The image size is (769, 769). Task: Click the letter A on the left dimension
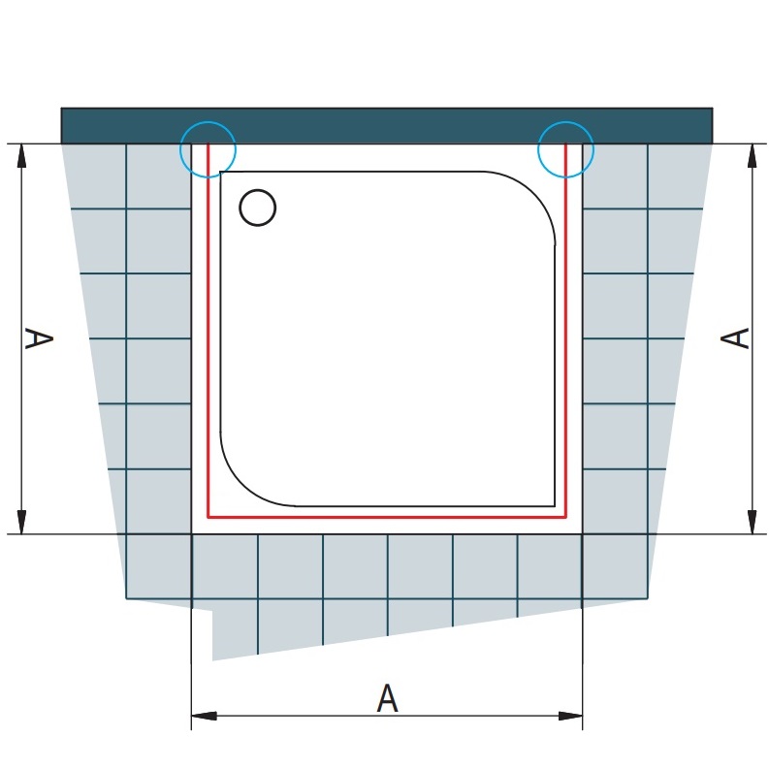(38, 338)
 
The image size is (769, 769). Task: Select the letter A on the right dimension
(735, 338)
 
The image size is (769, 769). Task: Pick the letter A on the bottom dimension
(387, 698)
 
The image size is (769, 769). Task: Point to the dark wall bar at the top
(387, 125)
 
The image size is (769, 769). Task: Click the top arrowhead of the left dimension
(21, 156)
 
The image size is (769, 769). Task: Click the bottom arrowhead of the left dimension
(21, 522)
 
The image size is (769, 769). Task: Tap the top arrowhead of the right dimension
(752, 156)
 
